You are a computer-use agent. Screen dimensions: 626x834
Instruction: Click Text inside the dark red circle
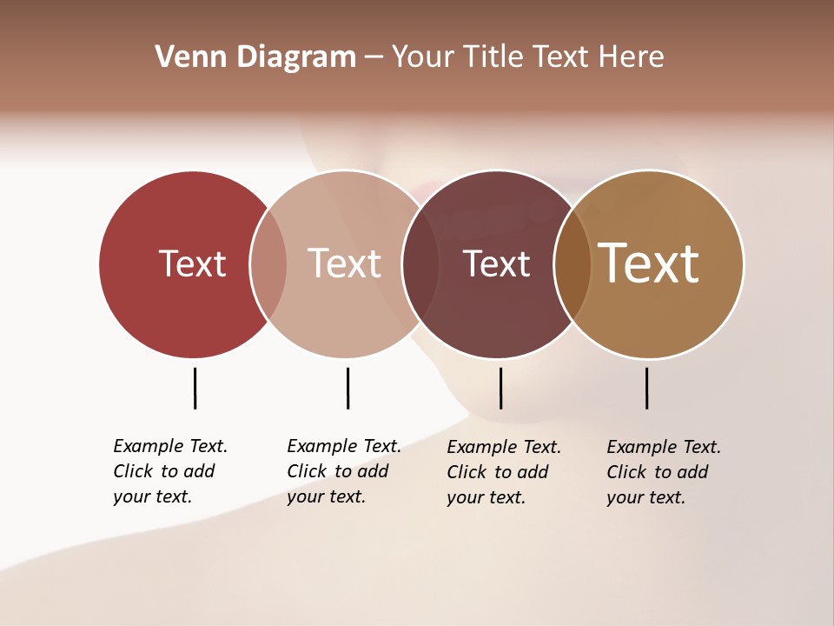click(x=192, y=263)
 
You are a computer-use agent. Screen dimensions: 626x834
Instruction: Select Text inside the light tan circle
click(x=345, y=263)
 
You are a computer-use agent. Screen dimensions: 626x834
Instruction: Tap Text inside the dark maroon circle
click(x=496, y=263)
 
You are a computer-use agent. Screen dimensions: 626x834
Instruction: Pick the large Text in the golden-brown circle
click(x=649, y=263)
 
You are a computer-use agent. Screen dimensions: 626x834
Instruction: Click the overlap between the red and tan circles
click(x=268, y=264)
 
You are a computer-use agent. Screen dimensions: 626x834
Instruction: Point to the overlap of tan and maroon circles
click(x=420, y=264)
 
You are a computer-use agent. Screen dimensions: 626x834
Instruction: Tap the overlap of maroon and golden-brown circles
click(x=573, y=264)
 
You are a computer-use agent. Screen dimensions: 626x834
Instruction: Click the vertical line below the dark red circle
click(x=195, y=388)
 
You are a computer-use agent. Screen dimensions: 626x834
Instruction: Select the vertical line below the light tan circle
click(x=347, y=388)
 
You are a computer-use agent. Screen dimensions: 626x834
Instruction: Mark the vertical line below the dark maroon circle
click(x=500, y=388)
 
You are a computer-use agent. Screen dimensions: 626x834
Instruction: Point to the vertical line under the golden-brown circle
click(x=646, y=388)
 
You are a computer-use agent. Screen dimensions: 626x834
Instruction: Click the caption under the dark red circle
click(x=170, y=471)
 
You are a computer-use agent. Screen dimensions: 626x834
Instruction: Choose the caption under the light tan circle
click(x=344, y=471)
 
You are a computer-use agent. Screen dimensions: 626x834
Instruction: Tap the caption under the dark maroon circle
click(x=504, y=472)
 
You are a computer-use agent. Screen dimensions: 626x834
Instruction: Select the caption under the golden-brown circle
click(x=664, y=472)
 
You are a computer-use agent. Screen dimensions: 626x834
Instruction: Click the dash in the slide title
click(x=374, y=57)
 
